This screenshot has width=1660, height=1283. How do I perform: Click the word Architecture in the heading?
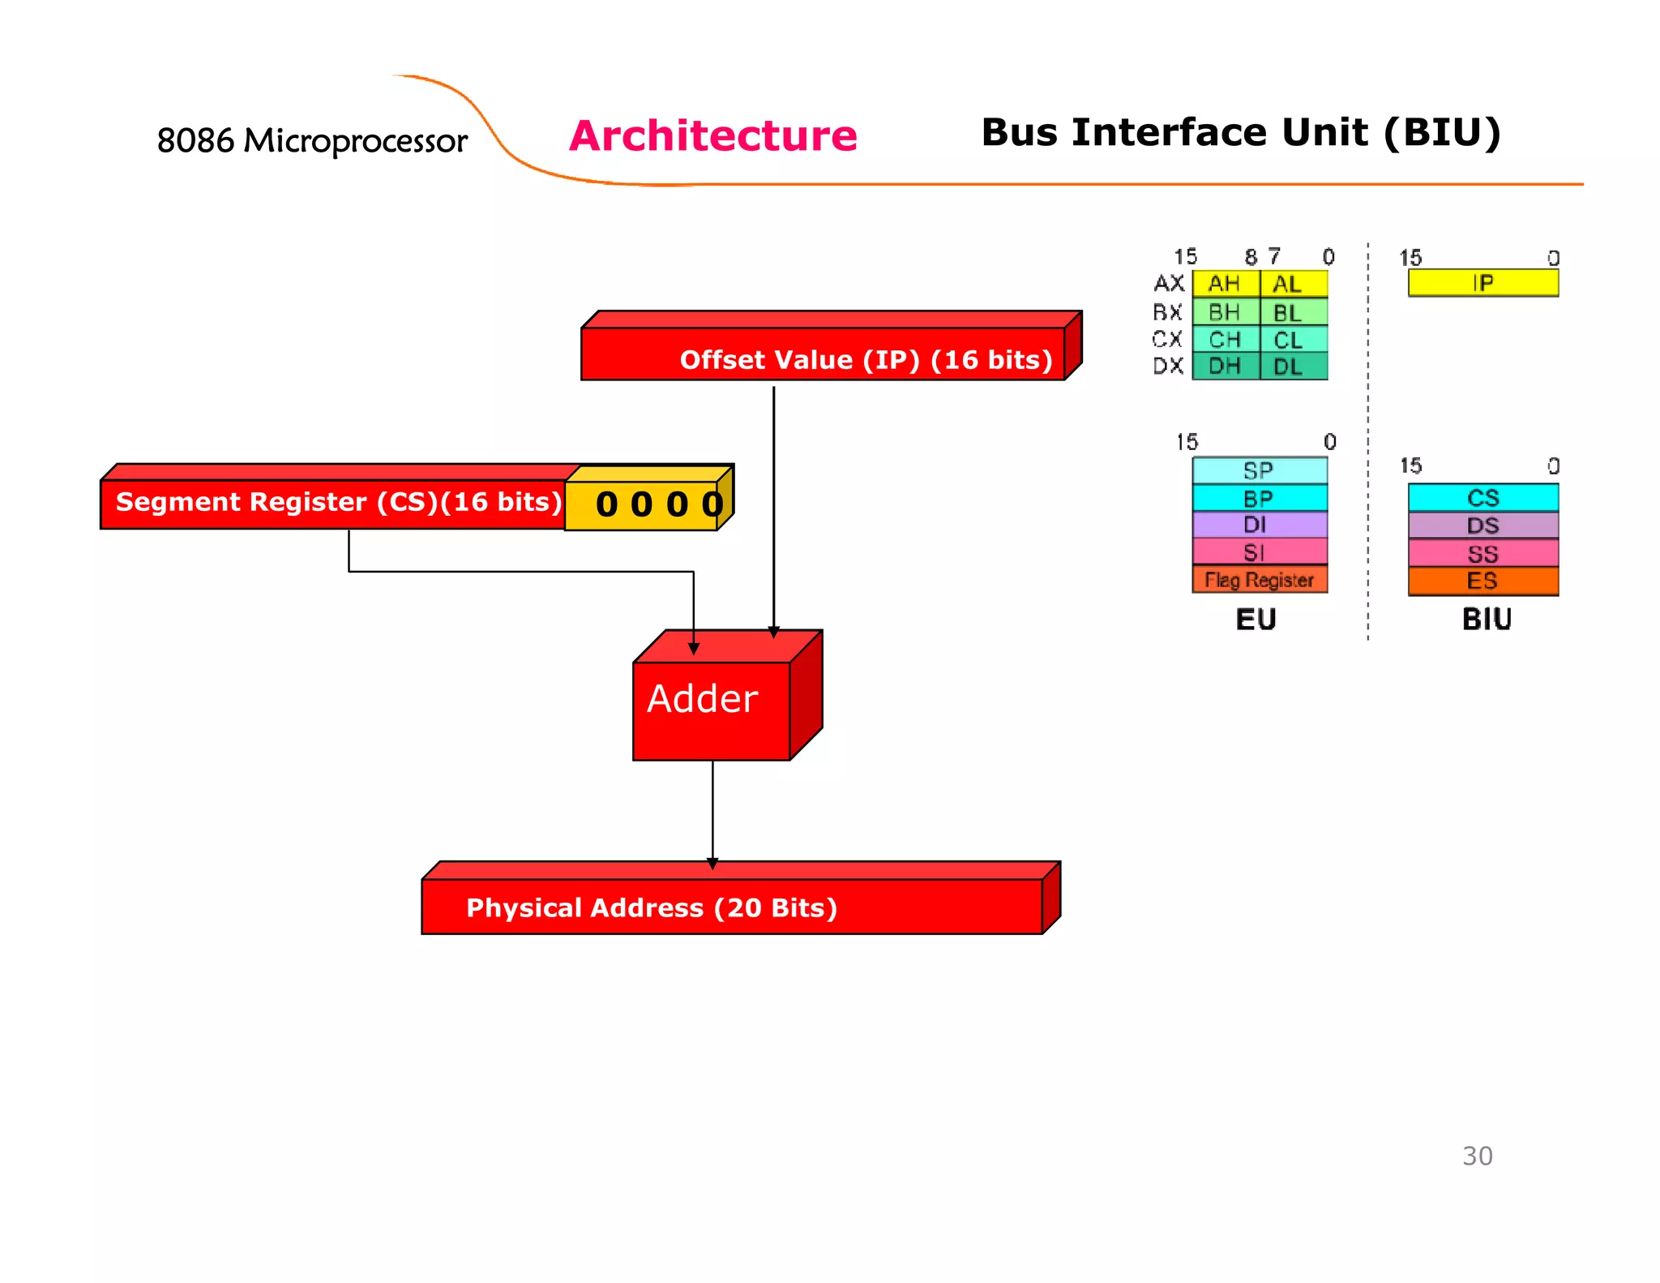pyautogui.click(x=712, y=135)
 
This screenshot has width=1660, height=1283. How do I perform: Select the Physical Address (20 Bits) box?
pyautogui.click(x=731, y=906)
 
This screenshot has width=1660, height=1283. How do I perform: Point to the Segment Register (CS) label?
pyautogui.click(x=338, y=502)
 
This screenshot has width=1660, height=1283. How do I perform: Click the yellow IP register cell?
pyautogui.click(x=1482, y=283)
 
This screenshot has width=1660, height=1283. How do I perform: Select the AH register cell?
pyautogui.click(x=1225, y=284)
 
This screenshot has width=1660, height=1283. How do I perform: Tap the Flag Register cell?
pyautogui.click(x=1259, y=580)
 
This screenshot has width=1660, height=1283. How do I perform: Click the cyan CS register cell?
pyautogui.click(x=1482, y=497)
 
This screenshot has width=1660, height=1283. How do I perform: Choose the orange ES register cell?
pyautogui.click(x=1482, y=581)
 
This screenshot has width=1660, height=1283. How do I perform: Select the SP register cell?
pyautogui.click(x=1259, y=470)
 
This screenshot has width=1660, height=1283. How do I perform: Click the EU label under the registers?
pyautogui.click(x=1256, y=620)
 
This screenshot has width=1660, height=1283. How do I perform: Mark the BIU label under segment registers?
pyautogui.click(x=1487, y=620)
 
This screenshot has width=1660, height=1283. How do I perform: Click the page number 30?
pyautogui.click(x=1477, y=1156)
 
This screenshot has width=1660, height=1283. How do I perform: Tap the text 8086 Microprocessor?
pyautogui.click(x=312, y=141)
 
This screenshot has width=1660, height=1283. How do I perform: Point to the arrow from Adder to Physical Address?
pyautogui.click(x=712, y=811)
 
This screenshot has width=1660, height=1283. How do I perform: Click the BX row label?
pyautogui.click(x=1167, y=312)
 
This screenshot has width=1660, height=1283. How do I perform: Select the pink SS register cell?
pyautogui.click(x=1482, y=554)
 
